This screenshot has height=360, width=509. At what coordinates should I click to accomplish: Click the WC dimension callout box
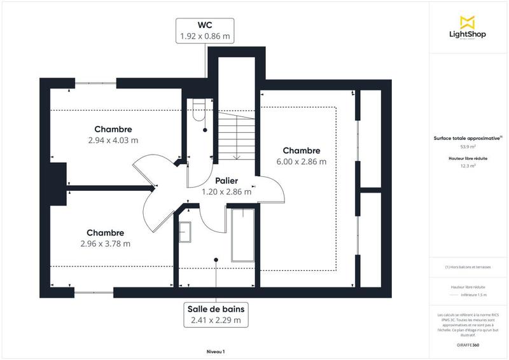[x=205, y=31]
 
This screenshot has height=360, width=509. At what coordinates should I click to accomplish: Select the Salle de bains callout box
[x=216, y=314]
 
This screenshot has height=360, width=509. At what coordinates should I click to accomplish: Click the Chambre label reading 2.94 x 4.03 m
[x=113, y=134]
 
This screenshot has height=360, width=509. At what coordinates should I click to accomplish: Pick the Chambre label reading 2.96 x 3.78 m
[x=106, y=238]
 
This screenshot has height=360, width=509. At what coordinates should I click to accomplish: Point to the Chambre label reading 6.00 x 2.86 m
[x=301, y=156]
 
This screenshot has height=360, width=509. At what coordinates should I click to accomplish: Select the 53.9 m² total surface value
[x=468, y=146]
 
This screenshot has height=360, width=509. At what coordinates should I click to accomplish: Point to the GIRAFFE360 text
[x=468, y=344]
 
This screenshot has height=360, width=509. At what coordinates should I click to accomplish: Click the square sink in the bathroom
[x=186, y=232]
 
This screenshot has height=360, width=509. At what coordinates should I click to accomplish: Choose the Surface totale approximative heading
[x=467, y=137]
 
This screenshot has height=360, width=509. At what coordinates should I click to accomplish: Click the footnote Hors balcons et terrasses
[x=468, y=267]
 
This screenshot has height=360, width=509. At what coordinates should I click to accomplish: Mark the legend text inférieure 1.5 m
[x=473, y=294]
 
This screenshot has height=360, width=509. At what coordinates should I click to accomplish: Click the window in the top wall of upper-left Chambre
[x=96, y=83]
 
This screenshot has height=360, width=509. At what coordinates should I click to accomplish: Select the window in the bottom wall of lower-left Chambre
[x=94, y=292]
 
